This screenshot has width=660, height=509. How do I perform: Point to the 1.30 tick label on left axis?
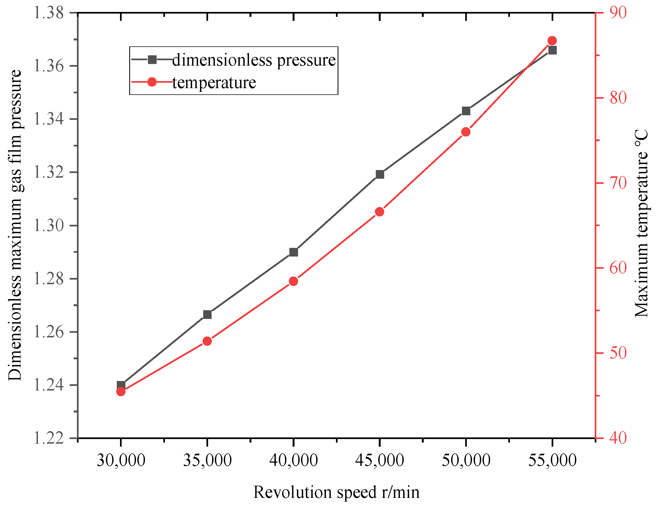pos(48,225)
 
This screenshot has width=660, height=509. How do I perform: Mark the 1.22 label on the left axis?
pos(48,438)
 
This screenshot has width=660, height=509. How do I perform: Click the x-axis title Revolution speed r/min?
pos(336,492)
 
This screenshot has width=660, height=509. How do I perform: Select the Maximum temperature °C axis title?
pos(641,223)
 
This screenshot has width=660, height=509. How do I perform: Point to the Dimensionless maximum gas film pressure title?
pos(15,225)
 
